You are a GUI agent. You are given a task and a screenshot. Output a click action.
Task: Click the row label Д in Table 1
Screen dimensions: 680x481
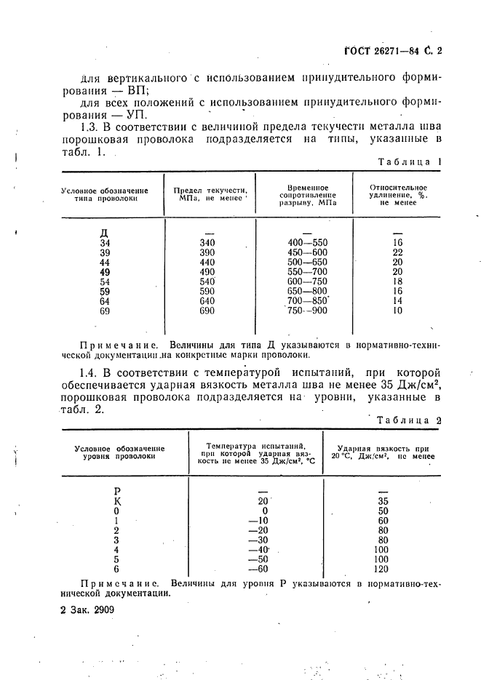[x=104, y=233]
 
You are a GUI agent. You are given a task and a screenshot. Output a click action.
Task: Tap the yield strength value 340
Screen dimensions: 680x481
[x=207, y=243]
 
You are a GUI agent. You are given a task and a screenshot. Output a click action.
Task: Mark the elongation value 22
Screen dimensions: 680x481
[x=397, y=252]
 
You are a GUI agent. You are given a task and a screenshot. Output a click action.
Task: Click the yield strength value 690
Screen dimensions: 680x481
[x=207, y=311]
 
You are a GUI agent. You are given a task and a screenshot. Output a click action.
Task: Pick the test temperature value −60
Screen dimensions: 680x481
[x=255, y=569]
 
